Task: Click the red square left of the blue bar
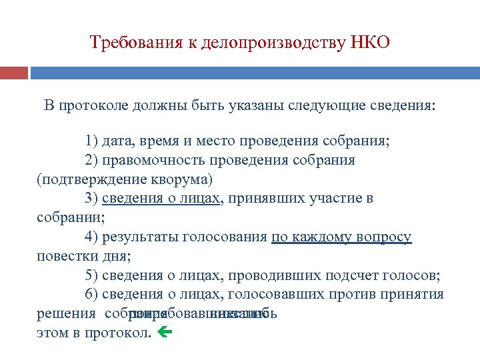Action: click(13, 72)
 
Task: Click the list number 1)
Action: click(92, 141)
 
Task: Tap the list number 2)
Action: click(92, 161)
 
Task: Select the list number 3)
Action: click(92, 199)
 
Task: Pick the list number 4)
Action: click(92, 237)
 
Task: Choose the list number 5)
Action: click(92, 276)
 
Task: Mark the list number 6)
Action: click(92, 295)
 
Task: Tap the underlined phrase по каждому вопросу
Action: click(341, 237)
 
